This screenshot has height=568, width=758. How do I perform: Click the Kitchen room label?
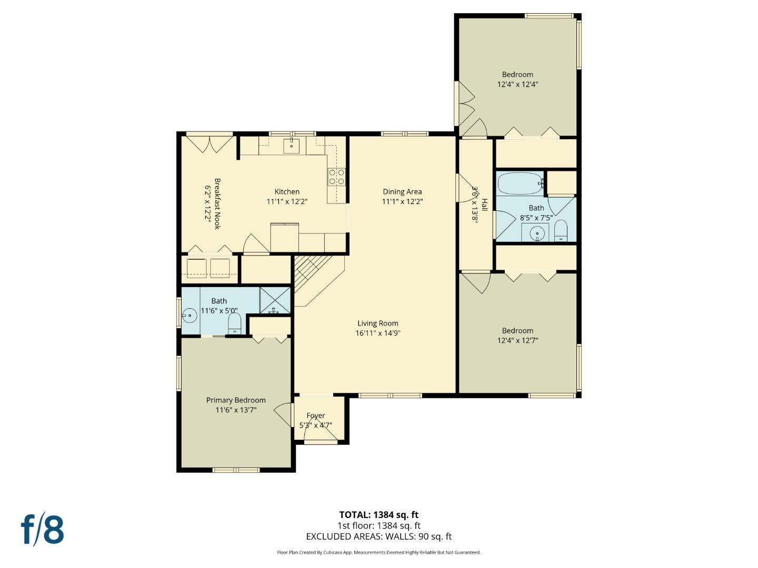[287, 192]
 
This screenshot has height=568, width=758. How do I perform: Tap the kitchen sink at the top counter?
[291, 146]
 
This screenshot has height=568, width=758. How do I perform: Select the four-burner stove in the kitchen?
[336, 177]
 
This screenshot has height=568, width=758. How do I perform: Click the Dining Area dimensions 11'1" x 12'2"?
[402, 201]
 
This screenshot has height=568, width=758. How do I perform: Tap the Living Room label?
[377, 323]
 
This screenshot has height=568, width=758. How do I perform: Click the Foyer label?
[316, 415]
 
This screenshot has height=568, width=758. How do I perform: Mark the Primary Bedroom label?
[236, 400]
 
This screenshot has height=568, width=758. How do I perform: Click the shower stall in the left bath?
[275, 301]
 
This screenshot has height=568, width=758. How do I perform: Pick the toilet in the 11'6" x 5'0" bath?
[235, 323]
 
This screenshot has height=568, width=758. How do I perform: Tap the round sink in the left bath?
[189, 316]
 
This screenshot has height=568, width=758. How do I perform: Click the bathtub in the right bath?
[520, 184]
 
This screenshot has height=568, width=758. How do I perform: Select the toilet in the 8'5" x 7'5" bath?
[561, 230]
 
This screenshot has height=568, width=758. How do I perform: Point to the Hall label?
[484, 205]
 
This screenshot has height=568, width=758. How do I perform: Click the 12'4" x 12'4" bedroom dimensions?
[517, 84]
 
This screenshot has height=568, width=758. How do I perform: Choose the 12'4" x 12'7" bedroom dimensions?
[517, 340]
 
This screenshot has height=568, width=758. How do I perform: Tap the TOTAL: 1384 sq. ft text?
[378, 515]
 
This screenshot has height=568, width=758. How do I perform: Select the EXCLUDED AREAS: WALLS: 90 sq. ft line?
[378, 536]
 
